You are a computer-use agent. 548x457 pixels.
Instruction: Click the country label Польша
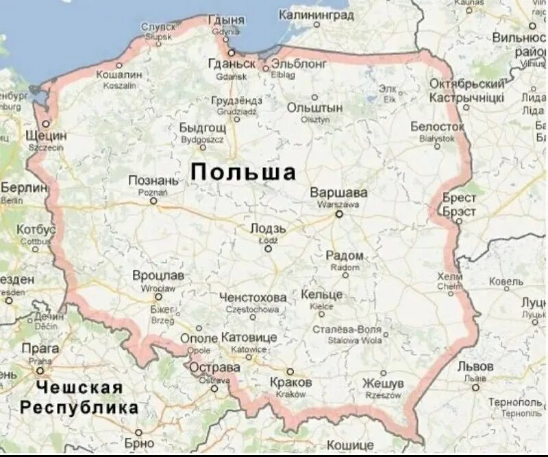[x=243, y=172]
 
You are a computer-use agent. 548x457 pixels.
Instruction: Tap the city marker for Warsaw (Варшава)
[x=338, y=214]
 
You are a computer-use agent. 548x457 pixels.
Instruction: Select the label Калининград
[x=316, y=14]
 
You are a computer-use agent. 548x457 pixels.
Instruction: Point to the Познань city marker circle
[x=153, y=201]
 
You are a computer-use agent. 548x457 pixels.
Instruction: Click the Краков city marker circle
[x=290, y=371]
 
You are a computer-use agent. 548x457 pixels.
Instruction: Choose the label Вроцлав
[x=158, y=275]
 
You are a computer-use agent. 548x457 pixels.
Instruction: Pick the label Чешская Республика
[x=79, y=398]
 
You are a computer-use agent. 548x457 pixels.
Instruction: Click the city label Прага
[x=40, y=349]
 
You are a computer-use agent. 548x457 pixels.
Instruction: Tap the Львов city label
[x=475, y=366]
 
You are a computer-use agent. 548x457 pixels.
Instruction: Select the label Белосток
[x=437, y=127]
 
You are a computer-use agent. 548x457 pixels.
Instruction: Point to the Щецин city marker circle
[x=45, y=124]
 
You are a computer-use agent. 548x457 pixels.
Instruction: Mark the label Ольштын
[x=314, y=108]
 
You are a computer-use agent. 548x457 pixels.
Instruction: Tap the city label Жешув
[x=383, y=383]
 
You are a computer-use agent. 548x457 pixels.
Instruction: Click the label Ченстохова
[x=253, y=298]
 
